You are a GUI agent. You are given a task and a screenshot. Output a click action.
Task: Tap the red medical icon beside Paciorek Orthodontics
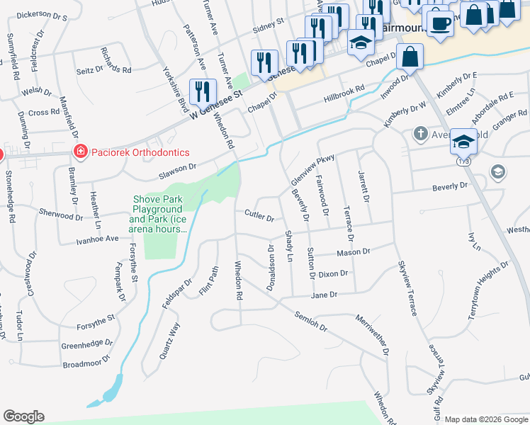click(x=81, y=152)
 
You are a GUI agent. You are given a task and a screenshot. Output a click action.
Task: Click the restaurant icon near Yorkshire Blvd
click(x=203, y=91)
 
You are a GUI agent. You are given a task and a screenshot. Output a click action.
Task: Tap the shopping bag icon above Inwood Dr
click(x=410, y=55)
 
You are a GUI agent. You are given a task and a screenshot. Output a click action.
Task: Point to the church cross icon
click(x=420, y=134)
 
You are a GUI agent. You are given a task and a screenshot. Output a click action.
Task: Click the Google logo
click(x=23, y=416)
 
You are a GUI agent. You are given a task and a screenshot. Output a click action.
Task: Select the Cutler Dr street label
click(x=259, y=215)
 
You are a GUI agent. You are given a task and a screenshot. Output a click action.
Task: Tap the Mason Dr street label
click(x=354, y=251)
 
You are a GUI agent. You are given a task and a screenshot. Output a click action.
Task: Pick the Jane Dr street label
click(x=322, y=295)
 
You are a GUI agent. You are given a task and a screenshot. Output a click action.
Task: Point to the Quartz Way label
click(x=169, y=341)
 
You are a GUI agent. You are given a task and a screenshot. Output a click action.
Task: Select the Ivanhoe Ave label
click(x=98, y=239)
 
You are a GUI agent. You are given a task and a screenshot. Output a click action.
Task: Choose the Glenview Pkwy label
click(x=311, y=171)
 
